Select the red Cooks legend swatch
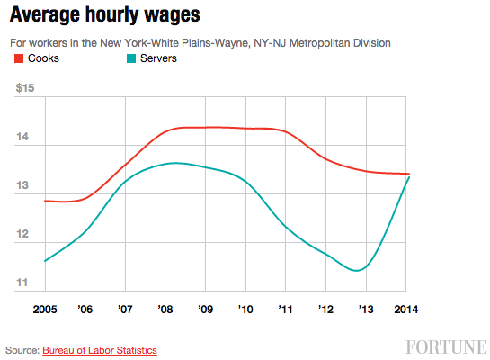[x=19, y=58]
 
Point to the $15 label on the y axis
[x=26, y=87]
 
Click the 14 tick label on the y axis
[x=22, y=138]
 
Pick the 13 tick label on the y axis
[x=22, y=186]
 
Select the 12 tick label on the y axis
[x=22, y=235]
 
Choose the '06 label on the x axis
[x=85, y=309]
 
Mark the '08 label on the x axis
[x=165, y=309]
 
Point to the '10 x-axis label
[x=245, y=309]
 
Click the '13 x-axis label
[x=366, y=309]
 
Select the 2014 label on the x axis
[x=406, y=309]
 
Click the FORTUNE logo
[x=444, y=347]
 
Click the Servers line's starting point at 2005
[x=44, y=261]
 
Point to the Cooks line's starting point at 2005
[x=44, y=201]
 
